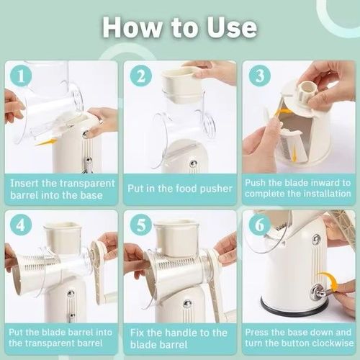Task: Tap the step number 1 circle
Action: pos(21,76)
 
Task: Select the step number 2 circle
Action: pos(141,76)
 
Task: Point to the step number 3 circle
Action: pos(260,76)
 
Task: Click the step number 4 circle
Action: pos(21,225)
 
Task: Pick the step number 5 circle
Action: pos(141,225)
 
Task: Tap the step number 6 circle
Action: pos(260,225)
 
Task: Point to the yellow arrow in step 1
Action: pos(45,143)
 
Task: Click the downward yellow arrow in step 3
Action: pos(294,153)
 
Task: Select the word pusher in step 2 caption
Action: pos(216,189)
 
